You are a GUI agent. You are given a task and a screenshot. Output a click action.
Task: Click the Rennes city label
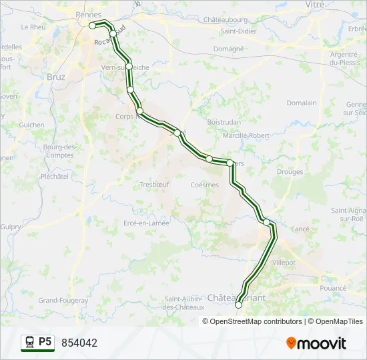tap(89, 15)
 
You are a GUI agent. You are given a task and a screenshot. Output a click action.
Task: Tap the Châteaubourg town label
tap(242, 21)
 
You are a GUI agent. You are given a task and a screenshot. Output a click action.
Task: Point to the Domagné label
tap(229, 49)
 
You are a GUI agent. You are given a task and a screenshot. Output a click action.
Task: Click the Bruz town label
tap(57, 76)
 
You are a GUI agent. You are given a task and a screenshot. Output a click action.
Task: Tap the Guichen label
tap(32, 125)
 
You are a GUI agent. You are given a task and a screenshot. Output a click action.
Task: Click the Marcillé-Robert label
tap(246, 135)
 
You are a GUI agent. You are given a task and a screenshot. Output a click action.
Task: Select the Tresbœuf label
tap(154, 185)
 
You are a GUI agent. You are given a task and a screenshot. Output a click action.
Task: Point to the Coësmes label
tap(204, 185)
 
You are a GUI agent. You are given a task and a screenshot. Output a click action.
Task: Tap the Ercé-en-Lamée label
tap(146, 223)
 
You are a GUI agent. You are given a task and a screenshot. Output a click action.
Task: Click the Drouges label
tap(290, 171)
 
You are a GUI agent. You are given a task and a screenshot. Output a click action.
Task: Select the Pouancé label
tap(334, 288)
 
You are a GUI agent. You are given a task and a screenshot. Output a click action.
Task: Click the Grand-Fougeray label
tap(63, 301)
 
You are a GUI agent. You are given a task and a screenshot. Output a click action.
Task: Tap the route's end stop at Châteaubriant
tap(239, 305)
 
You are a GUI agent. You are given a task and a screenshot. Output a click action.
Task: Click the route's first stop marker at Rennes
tap(93, 25)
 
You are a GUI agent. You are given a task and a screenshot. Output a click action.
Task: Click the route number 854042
tap(79, 343)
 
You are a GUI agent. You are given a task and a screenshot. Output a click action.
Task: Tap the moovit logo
tap(316, 343)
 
